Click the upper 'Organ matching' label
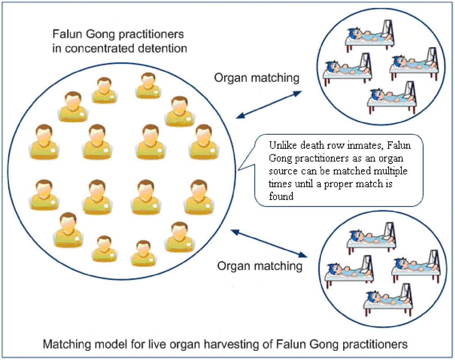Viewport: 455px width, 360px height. (257, 78)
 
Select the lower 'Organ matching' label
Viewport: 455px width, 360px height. (260, 266)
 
